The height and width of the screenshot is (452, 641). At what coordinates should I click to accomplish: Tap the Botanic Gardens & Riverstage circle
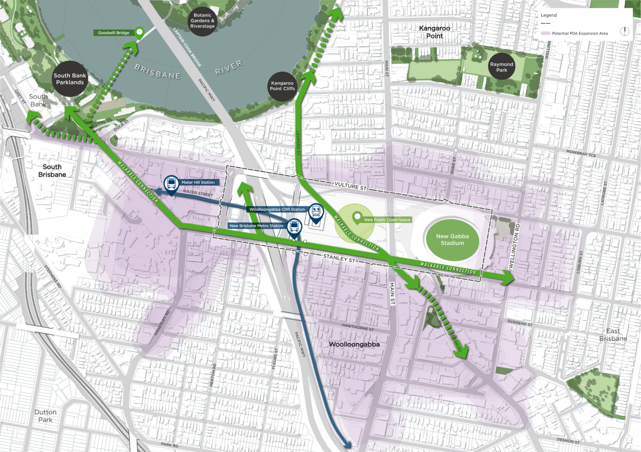click(x=202, y=21)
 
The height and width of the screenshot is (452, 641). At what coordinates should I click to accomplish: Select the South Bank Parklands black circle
click(x=70, y=79)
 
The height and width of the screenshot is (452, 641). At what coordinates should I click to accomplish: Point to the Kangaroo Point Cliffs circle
click(x=282, y=86)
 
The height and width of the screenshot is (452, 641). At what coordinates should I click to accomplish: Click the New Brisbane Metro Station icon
click(x=294, y=226)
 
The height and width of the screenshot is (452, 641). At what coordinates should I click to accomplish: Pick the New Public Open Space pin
click(x=357, y=216)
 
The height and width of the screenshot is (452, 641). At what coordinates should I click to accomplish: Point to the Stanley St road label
click(x=339, y=258)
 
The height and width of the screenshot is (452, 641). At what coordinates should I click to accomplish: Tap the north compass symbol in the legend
click(x=624, y=32)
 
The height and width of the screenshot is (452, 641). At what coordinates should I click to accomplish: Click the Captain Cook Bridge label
click(x=187, y=47)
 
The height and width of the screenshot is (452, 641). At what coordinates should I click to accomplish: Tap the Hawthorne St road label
click(x=358, y=327)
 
